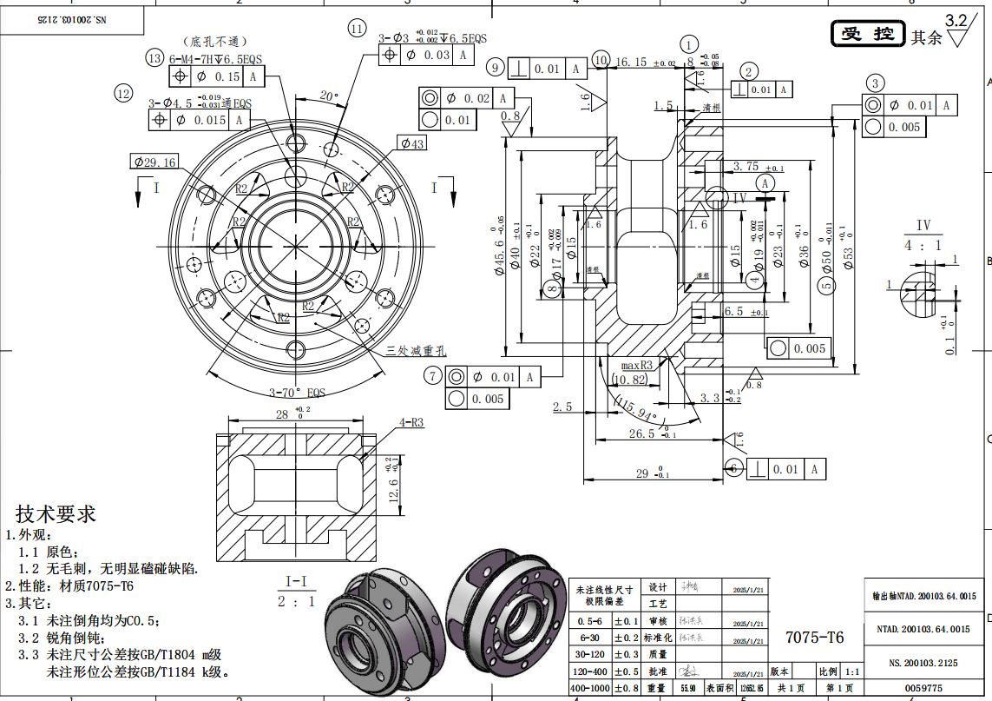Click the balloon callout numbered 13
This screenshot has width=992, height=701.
(x=155, y=58)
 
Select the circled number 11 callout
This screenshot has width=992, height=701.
(x=357, y=29)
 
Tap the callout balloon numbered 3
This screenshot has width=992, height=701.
(x=876, y=83)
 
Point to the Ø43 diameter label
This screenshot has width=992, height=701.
(x=412, y=142)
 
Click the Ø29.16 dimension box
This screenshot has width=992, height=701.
(x=154, y=162)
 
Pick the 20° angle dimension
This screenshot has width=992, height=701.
(x=328, y=96)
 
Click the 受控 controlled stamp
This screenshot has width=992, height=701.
(x=868, y=34)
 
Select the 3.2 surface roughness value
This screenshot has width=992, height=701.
(x=956, y=20)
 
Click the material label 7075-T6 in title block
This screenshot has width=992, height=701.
(x=813, y=637)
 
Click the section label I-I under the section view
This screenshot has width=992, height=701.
(x=296, y=581)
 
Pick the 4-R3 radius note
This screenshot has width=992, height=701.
(x=411, y=423)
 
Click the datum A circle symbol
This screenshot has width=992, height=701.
(x=765, y=183)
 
